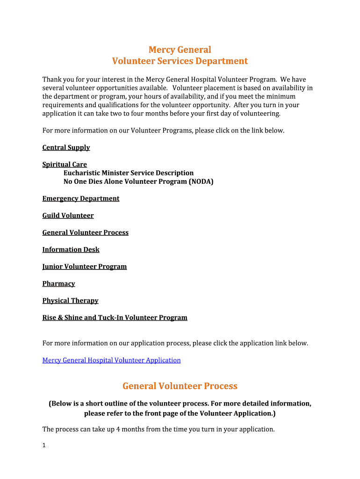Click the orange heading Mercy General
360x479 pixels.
coord(180,50)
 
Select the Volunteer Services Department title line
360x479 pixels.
coord(180,61)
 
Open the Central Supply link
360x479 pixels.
coord(66,148)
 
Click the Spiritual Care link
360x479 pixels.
coord(65,165)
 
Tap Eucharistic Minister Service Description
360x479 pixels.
coord(128,173)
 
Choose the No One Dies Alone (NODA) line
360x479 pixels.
coord(138,181)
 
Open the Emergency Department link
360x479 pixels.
coord(80,199)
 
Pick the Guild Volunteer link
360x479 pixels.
coord(68,216)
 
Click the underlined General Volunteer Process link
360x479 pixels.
coord(85,232)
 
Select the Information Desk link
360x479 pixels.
coord(71,250)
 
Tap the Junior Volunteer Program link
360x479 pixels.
coord(84,267)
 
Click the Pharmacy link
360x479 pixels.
coord(58,284)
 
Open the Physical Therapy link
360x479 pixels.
coord(70,301)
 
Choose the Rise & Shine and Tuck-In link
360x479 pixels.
coord(115,318)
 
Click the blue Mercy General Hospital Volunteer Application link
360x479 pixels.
coord(111,360)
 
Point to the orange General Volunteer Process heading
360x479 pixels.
coord(180,386)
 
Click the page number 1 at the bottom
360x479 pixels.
coord(44,445)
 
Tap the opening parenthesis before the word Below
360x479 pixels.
coord(50,404)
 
